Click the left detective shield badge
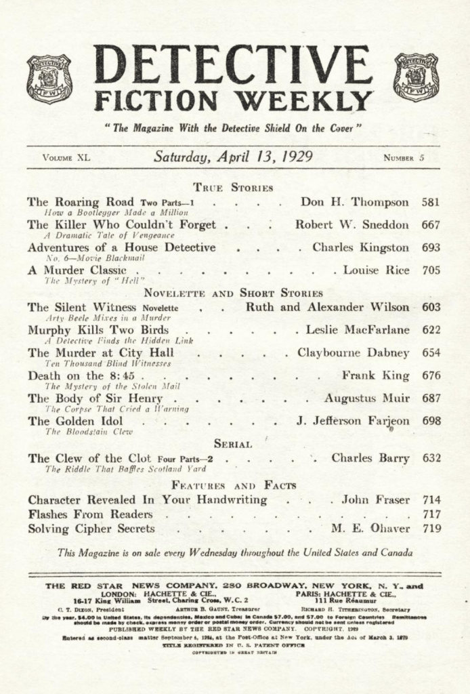(49, 78)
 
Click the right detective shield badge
(416, 77)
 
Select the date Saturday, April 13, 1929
(233, 157)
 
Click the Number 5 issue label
(404, 159)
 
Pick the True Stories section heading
(233, 188)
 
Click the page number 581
(431, 202)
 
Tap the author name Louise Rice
(376, 270)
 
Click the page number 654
(431, 352)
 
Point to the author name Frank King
(376, 375)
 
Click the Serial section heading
(233, 445)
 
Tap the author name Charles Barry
(370, 458)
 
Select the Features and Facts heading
(233, 485)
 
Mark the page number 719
(431, 529)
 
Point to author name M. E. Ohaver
(371, 529)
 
